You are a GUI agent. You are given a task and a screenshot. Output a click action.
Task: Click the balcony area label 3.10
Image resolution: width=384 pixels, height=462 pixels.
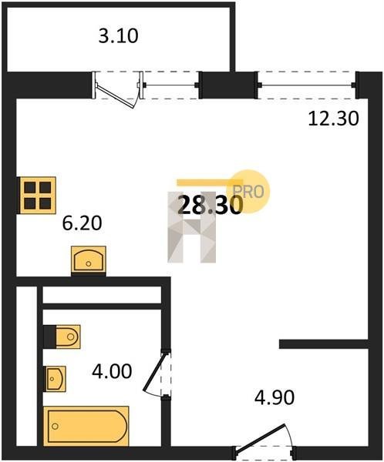(x=118, y=36)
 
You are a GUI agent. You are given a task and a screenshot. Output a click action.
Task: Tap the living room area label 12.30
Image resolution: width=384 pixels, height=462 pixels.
(x=334, y=119)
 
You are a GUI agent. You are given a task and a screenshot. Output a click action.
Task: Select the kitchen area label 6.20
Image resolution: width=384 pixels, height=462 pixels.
(x=82, y=223)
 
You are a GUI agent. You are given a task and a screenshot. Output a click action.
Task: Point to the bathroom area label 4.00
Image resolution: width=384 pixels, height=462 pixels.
(x=112, y=371)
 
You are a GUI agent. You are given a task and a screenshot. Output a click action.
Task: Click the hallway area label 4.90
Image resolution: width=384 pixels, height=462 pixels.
(x=275, y=397)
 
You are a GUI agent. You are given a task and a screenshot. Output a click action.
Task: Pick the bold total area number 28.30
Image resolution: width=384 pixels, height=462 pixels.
(x=211, y=205)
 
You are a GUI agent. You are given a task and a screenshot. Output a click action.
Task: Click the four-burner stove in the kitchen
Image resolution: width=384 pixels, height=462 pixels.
(x=37, y=196)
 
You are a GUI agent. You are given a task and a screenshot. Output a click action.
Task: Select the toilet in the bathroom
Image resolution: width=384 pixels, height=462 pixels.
(x=62, y=336)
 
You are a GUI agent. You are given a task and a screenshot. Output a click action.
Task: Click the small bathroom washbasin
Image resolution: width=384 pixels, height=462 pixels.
(x=55, y=379)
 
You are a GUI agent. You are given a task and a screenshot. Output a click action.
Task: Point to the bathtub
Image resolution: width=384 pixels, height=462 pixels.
(x=86, y=426)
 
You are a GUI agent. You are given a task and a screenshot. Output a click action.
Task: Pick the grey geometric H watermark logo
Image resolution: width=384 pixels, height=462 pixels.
(x=192, y=227)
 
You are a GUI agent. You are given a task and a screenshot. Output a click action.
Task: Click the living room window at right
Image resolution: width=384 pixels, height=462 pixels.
(x=307, y=85)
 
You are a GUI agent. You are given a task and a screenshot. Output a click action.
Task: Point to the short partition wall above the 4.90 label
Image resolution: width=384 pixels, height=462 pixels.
(x=324, y=344)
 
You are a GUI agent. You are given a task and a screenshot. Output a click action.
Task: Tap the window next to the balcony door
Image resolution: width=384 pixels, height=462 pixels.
(x=171, y=85)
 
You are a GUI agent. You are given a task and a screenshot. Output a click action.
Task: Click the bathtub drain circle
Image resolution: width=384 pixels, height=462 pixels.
(x=55, y=426)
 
